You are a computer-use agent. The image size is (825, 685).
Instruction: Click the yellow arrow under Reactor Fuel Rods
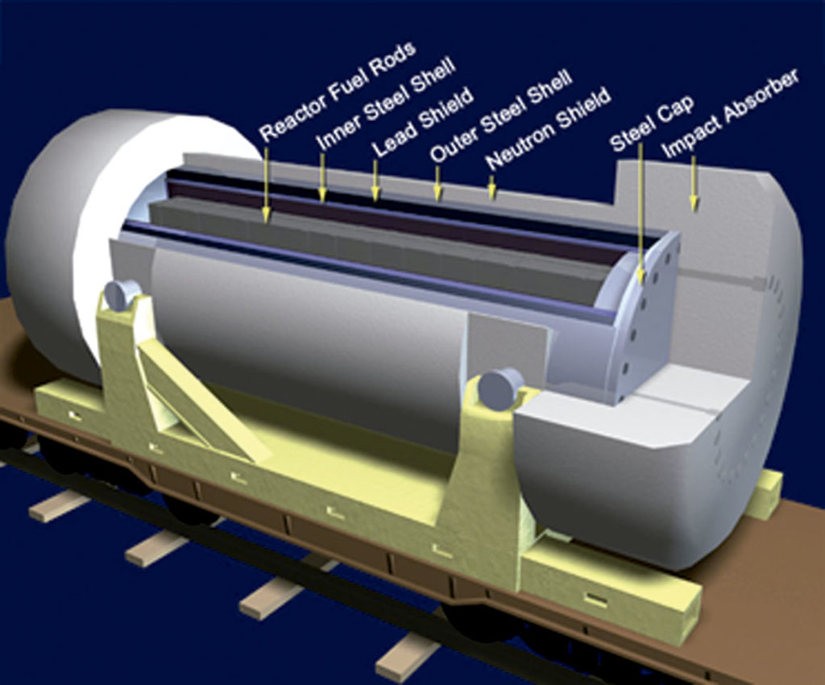[266, 183]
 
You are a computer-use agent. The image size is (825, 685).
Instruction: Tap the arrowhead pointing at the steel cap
[641, 276]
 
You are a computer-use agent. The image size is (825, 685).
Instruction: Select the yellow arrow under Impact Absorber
[694, 185]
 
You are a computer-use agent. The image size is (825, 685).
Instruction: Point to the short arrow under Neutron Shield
[492, 188]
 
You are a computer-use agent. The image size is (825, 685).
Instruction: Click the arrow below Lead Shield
[375, 181]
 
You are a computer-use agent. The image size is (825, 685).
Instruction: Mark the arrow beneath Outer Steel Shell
[436, 184]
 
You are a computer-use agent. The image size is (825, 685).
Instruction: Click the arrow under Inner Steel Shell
[322, 178]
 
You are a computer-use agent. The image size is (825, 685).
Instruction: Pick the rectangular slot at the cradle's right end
[596, 598]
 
